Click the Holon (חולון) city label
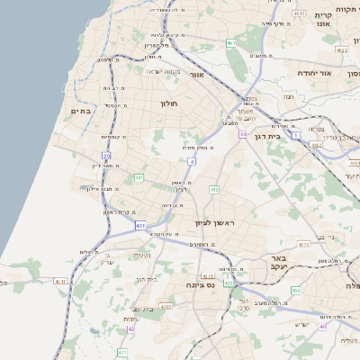170,103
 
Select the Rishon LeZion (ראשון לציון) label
213,222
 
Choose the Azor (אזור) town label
199,76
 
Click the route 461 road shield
231,42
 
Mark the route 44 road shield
243,134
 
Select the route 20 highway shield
106,156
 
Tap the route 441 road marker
139,178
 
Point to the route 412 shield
213,189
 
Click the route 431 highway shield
139,224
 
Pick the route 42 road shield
131,329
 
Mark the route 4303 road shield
166,306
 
